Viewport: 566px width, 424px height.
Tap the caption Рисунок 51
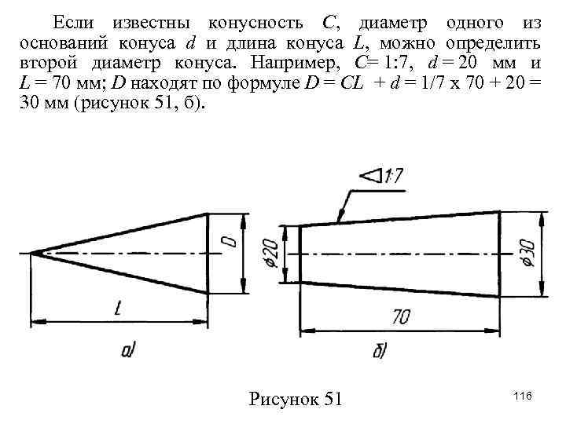[x=296, y=399]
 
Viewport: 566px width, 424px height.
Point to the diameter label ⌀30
[x=526, y=252]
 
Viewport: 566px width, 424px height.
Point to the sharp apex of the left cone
[x=34, y=252]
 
